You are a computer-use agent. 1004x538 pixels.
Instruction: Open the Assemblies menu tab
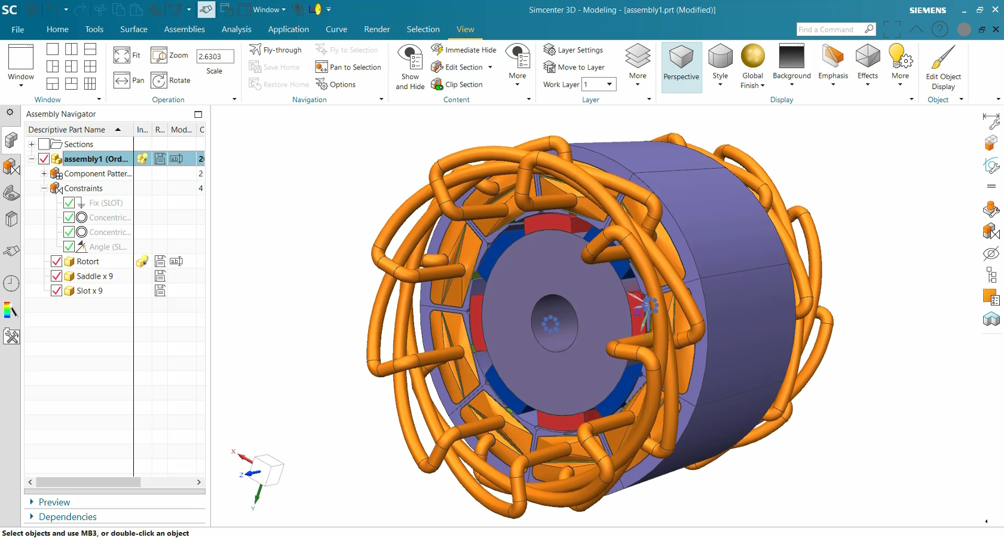[184, 29]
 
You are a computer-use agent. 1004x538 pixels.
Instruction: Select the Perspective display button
[681, 66]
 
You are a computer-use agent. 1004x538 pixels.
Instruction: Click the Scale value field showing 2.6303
[214, 56]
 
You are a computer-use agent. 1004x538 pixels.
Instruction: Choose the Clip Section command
[463, 84]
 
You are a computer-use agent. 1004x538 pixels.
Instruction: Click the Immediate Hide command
[470, 50]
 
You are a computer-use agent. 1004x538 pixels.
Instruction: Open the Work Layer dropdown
[609, 84]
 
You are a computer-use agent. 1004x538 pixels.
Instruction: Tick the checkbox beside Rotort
[57, 261]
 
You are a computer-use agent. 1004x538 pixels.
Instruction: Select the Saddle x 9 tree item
[94, 276]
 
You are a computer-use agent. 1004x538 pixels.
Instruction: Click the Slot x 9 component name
[90, 291]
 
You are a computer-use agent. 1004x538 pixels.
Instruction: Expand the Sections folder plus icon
[32, 144]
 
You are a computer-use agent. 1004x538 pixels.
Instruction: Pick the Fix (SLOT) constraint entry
[106, 203]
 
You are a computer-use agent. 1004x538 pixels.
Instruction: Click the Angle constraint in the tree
[108, 247]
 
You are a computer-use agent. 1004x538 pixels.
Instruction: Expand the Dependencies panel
[68, 516]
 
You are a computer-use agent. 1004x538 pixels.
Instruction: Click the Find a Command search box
[829, 29]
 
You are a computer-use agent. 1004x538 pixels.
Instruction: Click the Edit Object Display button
[943, 67]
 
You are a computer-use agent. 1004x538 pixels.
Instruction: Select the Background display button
[791, 63]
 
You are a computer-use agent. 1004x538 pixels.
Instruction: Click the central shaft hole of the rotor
[554, 323]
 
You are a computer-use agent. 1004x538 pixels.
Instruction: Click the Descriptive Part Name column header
[67, 130]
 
